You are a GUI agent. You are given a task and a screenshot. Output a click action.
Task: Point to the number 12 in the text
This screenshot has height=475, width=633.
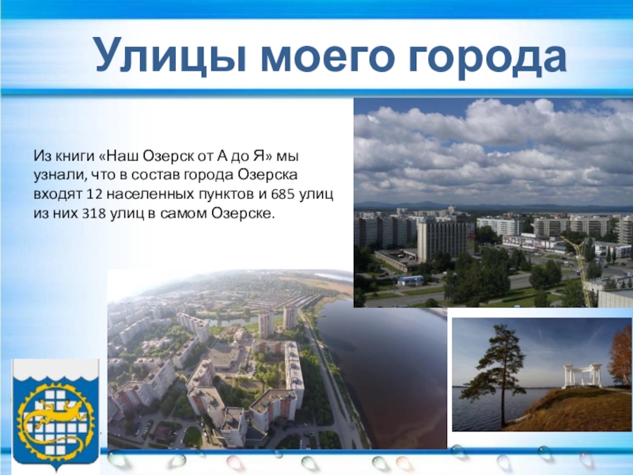pos(94,195)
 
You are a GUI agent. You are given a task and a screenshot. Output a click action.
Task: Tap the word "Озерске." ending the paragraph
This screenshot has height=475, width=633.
pos(244,214)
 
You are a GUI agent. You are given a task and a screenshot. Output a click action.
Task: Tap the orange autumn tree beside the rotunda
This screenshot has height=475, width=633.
pos(622,359)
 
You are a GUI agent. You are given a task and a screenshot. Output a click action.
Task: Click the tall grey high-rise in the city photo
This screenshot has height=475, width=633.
pos(442,241)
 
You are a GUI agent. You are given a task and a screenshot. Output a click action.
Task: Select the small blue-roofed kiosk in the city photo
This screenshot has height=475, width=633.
pos(411,280)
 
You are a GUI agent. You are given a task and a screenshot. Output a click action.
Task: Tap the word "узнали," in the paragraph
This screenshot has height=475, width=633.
pos(60,176)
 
